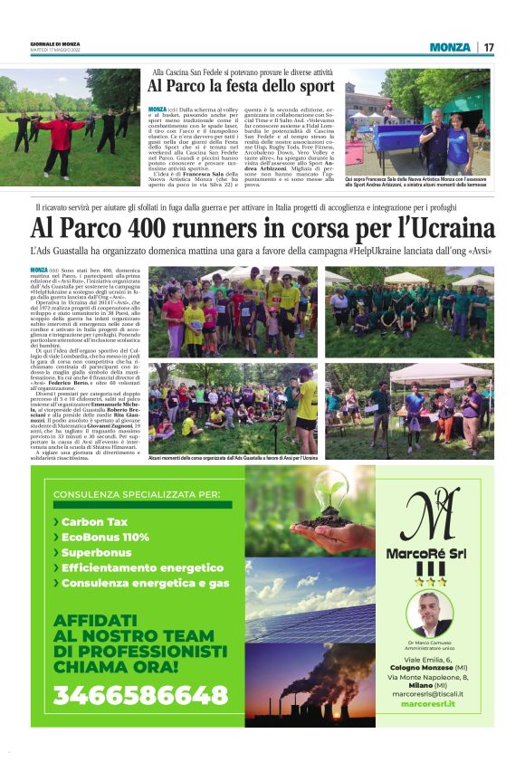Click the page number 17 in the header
coord(488,47)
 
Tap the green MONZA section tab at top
coord(450,47)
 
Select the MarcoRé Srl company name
coord(429,553)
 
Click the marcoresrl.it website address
coord(428,702)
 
